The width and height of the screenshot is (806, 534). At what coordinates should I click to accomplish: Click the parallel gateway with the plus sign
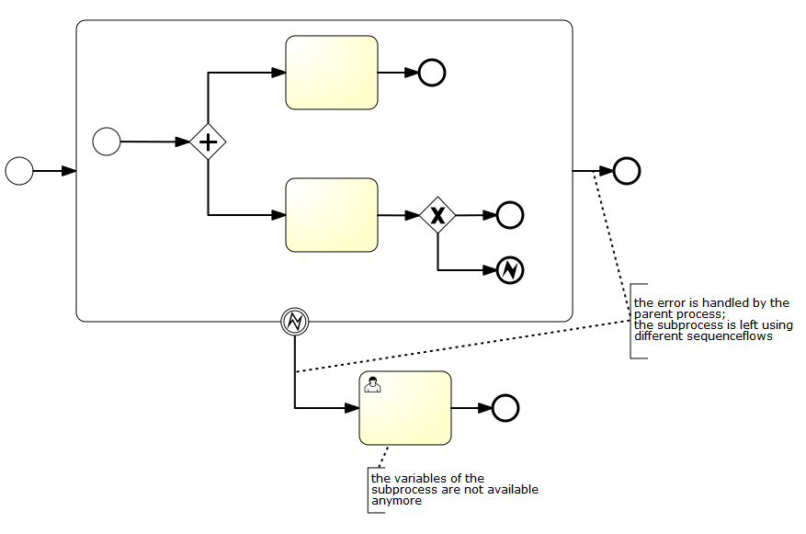click(x=208, y=142)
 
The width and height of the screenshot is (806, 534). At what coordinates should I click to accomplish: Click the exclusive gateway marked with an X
click(x=437, y=216)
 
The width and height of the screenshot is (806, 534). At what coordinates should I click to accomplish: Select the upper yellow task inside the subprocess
click(x=332, y=73)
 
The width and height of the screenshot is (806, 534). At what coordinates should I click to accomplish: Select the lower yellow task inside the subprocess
click(x=332, y=215)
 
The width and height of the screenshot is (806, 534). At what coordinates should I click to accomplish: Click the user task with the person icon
click(x=405, y=408)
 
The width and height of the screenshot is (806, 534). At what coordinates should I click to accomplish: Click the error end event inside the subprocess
click(x=510, y=270)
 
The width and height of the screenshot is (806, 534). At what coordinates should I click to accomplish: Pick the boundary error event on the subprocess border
click(x=294, y=321)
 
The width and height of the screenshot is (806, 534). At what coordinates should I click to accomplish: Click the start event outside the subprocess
click(x=19, y=171)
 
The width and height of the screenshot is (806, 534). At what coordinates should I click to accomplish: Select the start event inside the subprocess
click(x=108, y=142)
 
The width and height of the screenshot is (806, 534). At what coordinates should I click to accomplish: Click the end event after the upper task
click(x=432, y=73)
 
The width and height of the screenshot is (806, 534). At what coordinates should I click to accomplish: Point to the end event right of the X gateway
click(x=510, y=216)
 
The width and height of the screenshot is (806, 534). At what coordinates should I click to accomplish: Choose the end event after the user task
click(x=505, y=408)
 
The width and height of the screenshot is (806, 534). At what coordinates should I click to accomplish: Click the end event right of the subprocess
click(x=627, y=171)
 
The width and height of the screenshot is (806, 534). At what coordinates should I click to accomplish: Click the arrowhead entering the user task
click(x=352, y=408)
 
